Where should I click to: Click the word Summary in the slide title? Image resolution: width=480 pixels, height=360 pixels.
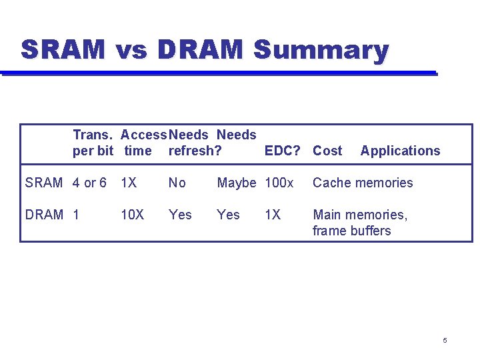[x=321, y=51]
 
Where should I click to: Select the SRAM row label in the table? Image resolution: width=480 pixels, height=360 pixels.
[x=44, y=183]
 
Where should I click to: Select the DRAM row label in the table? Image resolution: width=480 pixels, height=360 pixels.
[x=44, y=215]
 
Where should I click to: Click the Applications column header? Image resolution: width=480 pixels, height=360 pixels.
[x=400, y=151]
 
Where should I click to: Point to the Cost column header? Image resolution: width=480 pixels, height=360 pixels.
[x=327, y=151]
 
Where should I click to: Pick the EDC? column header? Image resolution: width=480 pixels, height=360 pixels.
[x=284, y=151]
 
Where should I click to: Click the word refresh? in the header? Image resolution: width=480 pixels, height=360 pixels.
[x=195, y=151]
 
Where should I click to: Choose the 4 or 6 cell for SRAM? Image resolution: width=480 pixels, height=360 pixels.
[x=89, y=183]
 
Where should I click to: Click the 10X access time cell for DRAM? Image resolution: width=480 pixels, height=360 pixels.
[x=132, y=215]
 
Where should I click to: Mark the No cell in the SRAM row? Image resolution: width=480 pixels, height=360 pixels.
[x=177, y=183]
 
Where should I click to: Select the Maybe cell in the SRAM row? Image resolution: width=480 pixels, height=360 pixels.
[x=237, y=183]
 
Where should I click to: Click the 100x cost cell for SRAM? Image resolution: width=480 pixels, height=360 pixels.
[x=279, y=183]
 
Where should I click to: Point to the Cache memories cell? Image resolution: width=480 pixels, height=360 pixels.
[x=363, y=183]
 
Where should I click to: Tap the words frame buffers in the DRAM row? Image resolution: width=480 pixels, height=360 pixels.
[x=351, y=231]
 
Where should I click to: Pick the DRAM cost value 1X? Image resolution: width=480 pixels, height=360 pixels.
[x=273, y=215]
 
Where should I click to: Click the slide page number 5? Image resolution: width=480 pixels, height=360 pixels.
[x=445, y=341]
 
